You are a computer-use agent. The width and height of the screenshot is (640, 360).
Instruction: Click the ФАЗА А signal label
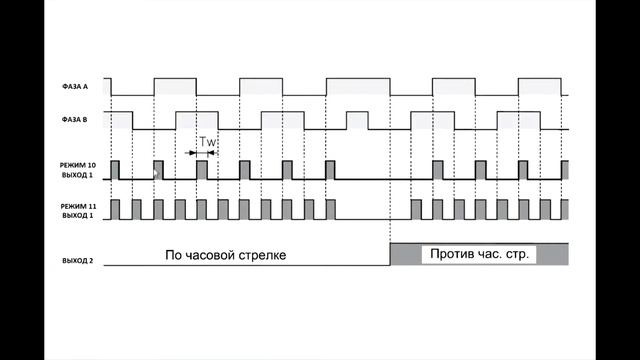[x=75, y=87]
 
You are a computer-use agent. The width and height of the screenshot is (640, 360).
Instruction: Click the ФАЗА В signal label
[x=74, y=120]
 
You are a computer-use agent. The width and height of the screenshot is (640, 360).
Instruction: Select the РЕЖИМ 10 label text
[x=78, y=165]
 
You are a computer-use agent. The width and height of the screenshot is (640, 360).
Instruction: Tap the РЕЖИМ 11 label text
[x=78, y=207]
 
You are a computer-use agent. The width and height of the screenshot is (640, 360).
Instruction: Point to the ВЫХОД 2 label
[x=78, y=260]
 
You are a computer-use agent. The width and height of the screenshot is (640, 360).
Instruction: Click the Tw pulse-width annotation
[x=207, y=142]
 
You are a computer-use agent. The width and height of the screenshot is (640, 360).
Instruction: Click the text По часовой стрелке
[x=226, y=255]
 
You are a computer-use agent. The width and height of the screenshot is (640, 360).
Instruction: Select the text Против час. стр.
[x=479, y=254]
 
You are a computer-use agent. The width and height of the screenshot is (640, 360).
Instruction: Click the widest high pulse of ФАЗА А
[x=358, y=87]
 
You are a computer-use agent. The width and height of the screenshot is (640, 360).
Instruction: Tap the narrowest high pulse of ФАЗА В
[x=357, y=120]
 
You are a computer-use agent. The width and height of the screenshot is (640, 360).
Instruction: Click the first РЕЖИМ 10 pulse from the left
[x=116, y=170]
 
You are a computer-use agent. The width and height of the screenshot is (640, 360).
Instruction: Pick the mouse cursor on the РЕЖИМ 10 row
[x=155, y=173]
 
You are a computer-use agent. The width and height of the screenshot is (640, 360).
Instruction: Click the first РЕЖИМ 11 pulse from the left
[x=116, y=209]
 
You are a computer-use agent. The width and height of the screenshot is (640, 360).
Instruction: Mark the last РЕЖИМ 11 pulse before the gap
[x=331, y=209]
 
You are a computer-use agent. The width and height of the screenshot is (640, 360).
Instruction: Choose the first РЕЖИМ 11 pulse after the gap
[x=416, y=209]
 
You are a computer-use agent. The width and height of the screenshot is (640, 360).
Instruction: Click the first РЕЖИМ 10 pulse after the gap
[x=438, y=170]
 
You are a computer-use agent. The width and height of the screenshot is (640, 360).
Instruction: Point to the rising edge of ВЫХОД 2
[x=391, y=254]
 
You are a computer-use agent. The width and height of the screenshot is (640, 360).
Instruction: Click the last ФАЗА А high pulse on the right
[x=540, y=87]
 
